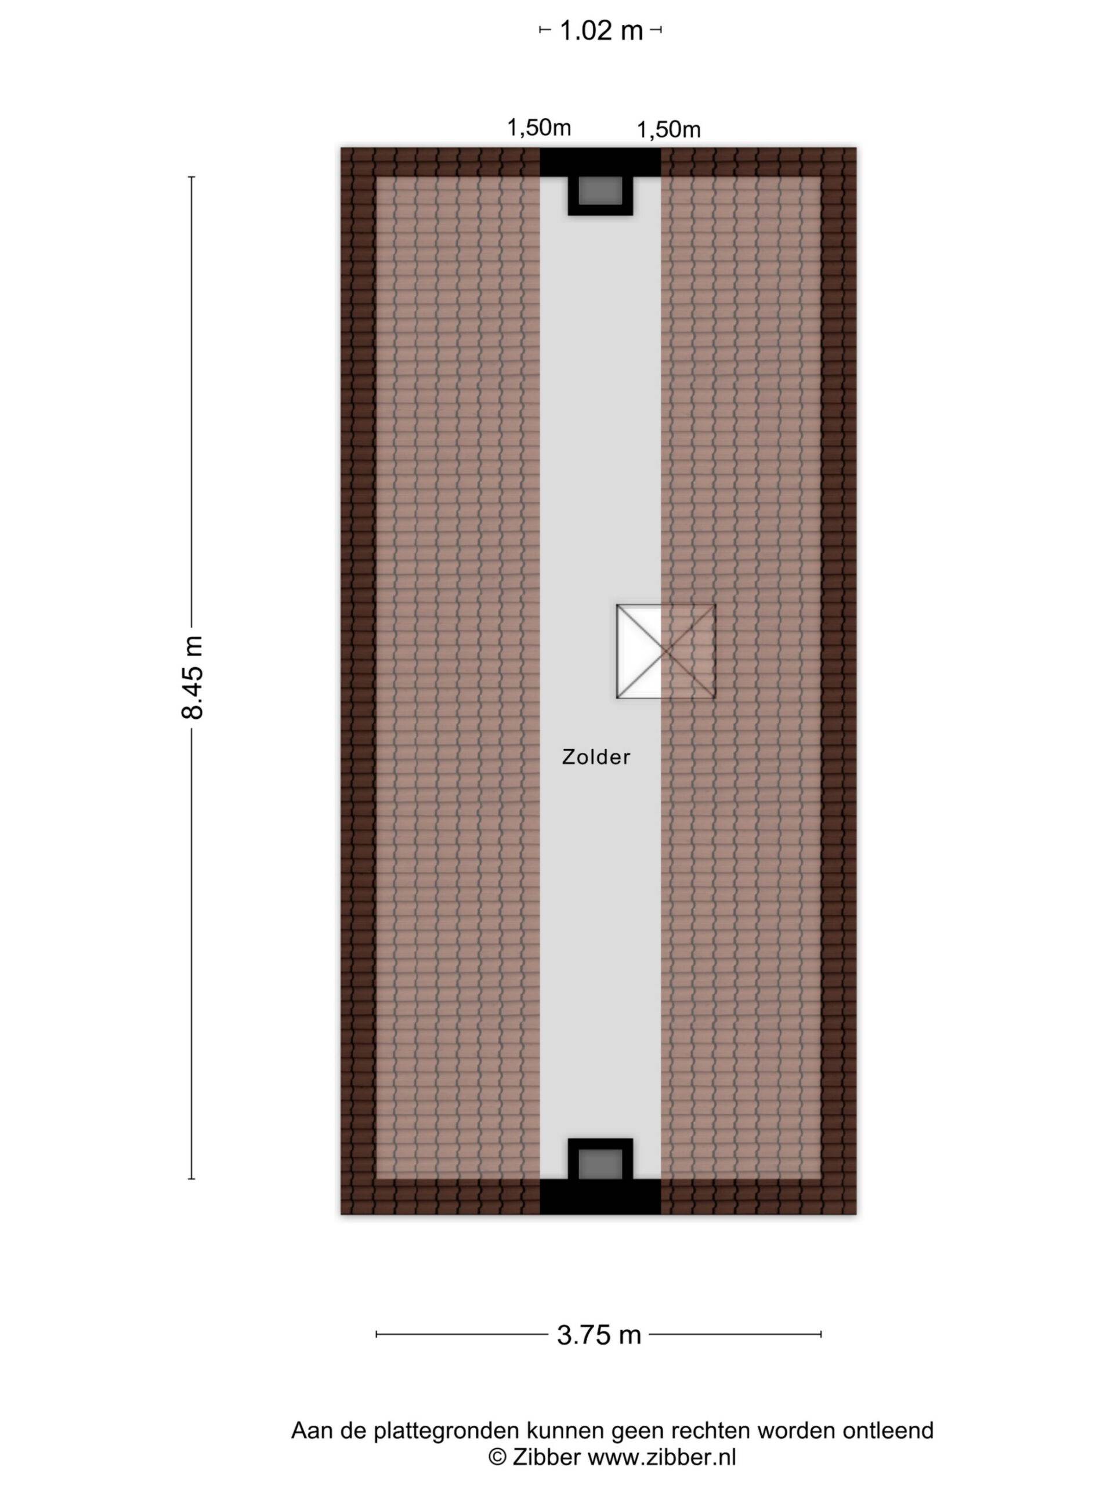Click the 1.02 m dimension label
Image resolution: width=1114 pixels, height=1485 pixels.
click(601, 31)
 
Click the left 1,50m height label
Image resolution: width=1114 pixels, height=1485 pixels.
click(538, 127)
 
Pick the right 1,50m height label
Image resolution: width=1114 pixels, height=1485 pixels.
click(668, 129)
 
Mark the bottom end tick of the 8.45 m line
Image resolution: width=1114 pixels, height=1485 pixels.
click(191, 1178)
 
